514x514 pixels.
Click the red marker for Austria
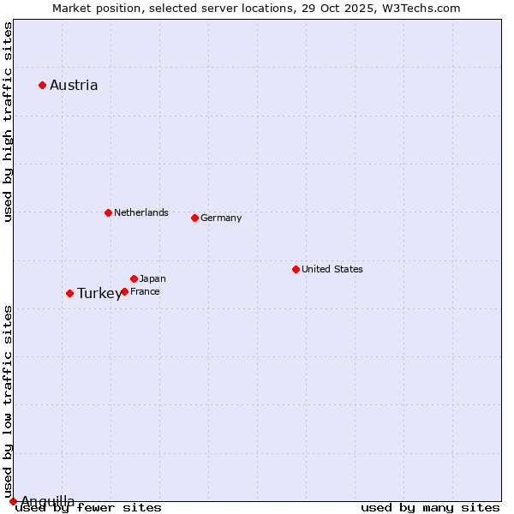(42, 85)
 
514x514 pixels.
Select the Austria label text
(74, 85)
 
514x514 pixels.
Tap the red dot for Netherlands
(108, 212)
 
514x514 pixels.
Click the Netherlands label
(141, 212)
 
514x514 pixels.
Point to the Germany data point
(194, 218)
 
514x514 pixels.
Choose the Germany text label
(221, 218)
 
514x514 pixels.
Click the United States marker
(296, 269)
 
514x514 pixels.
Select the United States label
(332, 269)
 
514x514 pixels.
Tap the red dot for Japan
(134, 278)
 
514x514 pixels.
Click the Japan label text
(152, 278)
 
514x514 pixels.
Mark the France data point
(124, 291)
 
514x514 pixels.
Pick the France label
(145, 291)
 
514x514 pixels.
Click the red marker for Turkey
(69, 293)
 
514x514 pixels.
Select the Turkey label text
(99, 294)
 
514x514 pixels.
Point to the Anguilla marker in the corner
(13, 501)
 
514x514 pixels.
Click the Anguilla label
(48, 501)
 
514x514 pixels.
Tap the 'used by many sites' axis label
(430, 508)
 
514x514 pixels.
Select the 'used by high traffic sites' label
(9, 123)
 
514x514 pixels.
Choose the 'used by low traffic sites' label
(9, 401)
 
